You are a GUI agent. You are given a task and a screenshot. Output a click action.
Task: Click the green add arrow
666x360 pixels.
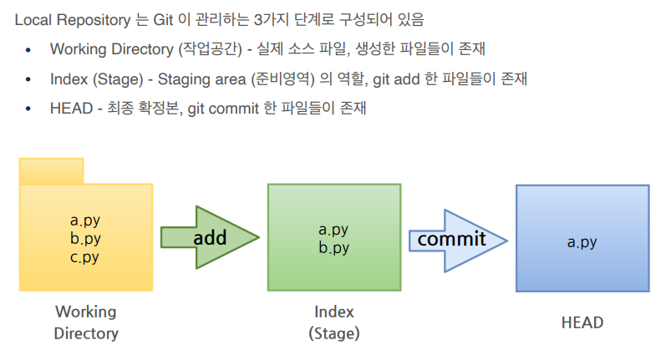(209, 237)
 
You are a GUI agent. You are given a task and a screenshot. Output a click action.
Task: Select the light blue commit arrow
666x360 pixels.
(455, 240)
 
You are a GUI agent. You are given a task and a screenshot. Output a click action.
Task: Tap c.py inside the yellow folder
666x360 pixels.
(85, 256)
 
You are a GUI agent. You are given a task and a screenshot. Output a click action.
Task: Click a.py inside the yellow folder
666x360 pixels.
(85, 221)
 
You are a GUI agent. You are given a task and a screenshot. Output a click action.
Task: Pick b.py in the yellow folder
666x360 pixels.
(85, 239)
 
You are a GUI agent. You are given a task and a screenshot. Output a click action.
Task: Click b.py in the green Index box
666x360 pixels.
(334, 247)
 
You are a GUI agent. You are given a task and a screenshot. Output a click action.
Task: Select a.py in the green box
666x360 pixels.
(334, 230)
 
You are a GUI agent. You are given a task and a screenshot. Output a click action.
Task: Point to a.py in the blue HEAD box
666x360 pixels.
(582, 242)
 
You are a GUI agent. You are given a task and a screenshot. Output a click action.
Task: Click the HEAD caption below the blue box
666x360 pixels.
(582, 322)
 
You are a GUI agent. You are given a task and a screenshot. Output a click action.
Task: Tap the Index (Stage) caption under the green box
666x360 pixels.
(334, 322)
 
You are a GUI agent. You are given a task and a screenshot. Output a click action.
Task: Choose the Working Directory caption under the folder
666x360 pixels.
(86, 322)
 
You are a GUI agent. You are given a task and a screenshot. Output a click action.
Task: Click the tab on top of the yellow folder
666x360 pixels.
(51, 170)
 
